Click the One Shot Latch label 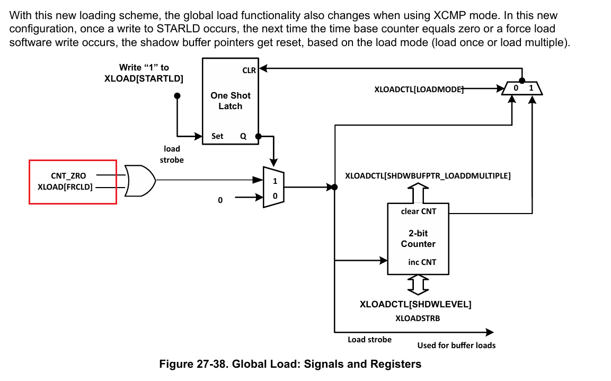coord(231,101)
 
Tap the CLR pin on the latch coord(249,70)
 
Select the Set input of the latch coord(217,136)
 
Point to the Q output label coord(243,136)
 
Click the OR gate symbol coord(140,180)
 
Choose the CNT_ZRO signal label coord(68,176)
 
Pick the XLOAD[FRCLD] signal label coord(65,187)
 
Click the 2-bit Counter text coord(418,238)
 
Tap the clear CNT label coord(419,211)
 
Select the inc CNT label coord(422,262)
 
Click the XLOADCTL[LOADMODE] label coord(419,89)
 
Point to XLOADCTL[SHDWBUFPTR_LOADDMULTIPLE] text coord(428,176)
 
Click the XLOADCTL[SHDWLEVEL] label coord(415,304)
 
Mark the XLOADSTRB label coord(418,318)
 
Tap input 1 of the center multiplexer coord(275,181)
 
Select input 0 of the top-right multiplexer coord(516,88)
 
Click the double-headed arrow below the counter coord(418,285)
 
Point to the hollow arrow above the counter coord(418,192)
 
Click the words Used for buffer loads coord(456,345)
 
